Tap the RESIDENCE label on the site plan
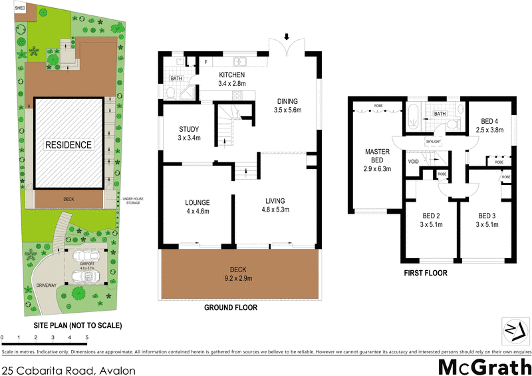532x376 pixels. pos(68,144)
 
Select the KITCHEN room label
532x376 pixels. pos(233,75)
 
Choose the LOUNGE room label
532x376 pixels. pos(198,202)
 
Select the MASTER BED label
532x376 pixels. pos(377,152)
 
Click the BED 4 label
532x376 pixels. pos(490,121)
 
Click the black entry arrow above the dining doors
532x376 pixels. pos(287,36)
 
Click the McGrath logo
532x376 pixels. pos(484,366)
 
